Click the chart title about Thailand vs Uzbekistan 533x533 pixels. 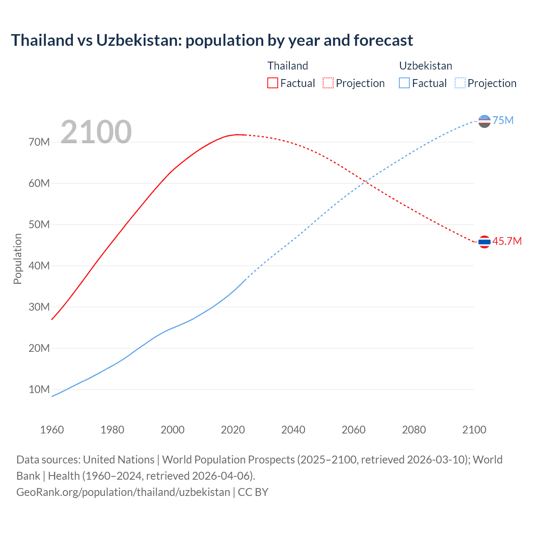click(x=212, y=40)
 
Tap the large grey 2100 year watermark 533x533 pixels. click(x=96, y=132)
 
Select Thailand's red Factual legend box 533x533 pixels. click(x=272, y=83)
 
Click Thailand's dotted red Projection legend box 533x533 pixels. click(x=328, y=83)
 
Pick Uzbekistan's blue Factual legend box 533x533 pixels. click(x=404, y=83)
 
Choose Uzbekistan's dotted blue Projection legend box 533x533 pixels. click(x=460, y=83)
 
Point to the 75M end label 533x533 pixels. click(x=503, y=120)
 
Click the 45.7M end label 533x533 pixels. click(x=507, y=241)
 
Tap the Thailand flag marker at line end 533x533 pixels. click(x=484, y=242)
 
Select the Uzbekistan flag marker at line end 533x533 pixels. click(x=484, y=121)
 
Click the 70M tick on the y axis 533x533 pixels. click(x=39, y=142)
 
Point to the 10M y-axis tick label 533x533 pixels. click(x=39, y=389)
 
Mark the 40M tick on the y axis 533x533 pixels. click(x=39, y=266)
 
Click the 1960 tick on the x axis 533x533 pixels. click(x=52, y=430)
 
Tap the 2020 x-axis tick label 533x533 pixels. click(x=233, y=430)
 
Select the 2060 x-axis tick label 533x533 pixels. click(x=354, y=430)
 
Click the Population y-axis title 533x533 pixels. click(x=17, y=259)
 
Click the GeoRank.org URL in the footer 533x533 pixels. click(x=123, y=492)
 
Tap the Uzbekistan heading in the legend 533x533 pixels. click(x=426, y=66)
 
